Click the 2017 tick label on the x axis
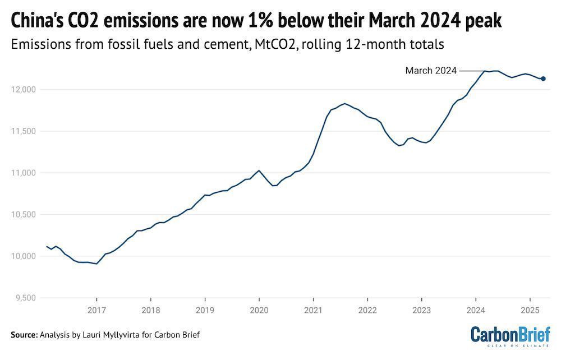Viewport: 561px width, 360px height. (x=96, y=310)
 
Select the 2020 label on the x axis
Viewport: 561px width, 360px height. (x=259, y=310)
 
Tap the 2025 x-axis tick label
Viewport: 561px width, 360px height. (x=530, y=310)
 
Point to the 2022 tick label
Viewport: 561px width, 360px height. (x=367, y=310)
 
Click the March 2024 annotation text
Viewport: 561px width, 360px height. (x=431, y=71)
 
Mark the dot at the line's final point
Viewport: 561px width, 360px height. (x=543, y=79)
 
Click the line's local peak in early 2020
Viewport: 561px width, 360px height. (x=259, y=170)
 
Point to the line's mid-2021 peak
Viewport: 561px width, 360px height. (x=344, y=103)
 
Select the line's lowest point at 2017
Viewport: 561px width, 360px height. (x=96, y=264)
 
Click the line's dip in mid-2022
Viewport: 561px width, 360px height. (x=398, y=146)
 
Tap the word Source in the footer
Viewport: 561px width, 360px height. (x=24, y=335)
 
